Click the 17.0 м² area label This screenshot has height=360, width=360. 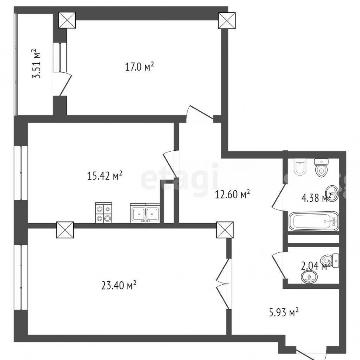pos(139,67)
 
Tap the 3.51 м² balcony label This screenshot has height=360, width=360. pos(36,64)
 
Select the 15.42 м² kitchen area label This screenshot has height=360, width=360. pos(104,176)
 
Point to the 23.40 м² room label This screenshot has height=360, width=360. pos(119,286)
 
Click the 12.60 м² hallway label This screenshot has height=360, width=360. pos(232,195)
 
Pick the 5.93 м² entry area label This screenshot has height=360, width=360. pos(284,312)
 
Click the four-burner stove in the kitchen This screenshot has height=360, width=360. pos(104,213)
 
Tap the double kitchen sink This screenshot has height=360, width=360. pos(145,213)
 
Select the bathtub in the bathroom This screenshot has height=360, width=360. pos(314,221)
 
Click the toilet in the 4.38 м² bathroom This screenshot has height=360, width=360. pos(322,168)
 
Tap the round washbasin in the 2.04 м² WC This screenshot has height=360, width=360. pos(309,276)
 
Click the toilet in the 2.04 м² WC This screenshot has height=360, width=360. pos(330,261)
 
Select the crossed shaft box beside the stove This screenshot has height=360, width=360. pos(65,230)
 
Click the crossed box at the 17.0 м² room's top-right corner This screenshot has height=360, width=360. pos(227,21)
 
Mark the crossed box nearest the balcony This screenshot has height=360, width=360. pos(67,20)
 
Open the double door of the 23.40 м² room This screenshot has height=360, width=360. pos(223,284)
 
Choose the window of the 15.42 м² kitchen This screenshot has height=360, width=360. pos(21,173)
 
